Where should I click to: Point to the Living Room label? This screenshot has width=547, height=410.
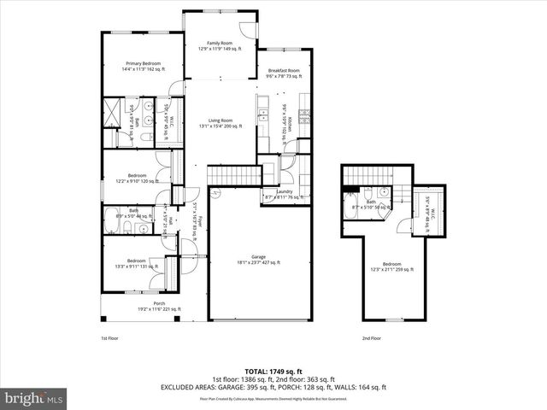pos(220,122)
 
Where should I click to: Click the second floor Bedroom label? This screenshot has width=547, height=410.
pos(391,266)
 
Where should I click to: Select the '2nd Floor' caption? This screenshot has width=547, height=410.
pos(371,338)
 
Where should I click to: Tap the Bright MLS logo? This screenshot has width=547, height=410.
pos(34,398)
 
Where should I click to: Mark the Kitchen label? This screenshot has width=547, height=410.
pos(290,126)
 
